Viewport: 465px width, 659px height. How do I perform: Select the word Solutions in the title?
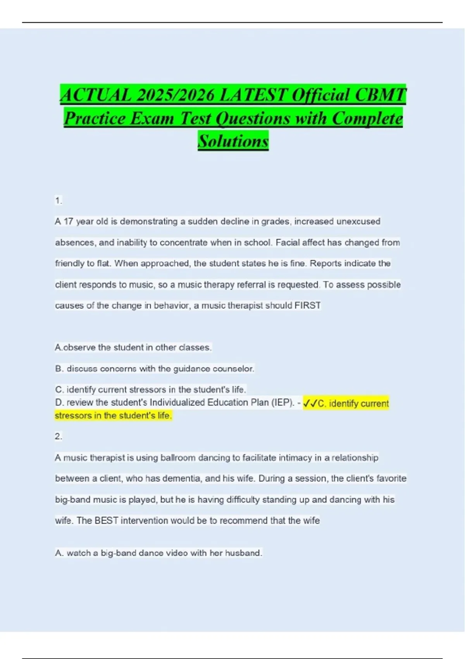(x=233, y=141)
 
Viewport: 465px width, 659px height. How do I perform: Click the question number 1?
(x=58, y=201)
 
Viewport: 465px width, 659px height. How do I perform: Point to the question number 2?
(x=58, y=436)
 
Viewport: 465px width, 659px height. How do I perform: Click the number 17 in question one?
(x=69, y=222)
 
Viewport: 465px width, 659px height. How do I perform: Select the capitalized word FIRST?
(x=308, y=305)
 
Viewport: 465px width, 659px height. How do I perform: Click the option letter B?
(x=59, y=369)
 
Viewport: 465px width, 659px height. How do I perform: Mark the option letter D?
(x=59, y=402)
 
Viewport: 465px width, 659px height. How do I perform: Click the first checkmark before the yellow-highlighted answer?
(x=307, y=404)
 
